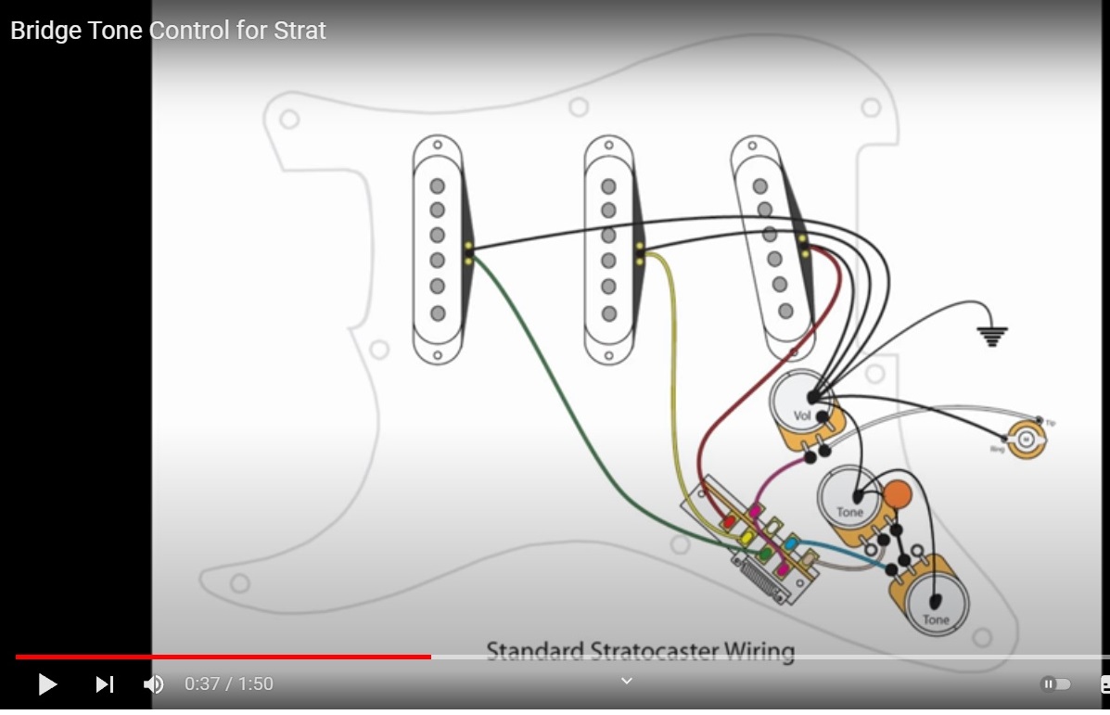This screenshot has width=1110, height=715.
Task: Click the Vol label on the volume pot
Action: click(802, 415)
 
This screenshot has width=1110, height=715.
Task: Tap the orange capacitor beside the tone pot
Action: click(897, 494)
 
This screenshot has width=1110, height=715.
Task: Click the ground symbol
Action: click(991, 336)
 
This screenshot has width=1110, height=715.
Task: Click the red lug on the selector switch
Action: click(729, 521)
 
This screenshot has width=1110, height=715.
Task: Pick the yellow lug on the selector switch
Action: click(746, 537)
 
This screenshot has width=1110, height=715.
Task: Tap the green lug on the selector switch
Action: click(765, 555)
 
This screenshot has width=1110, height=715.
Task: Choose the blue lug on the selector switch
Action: click(792, 543)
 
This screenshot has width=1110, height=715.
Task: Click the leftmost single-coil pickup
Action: click(438, 249)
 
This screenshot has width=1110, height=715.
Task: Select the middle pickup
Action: click(608, 249)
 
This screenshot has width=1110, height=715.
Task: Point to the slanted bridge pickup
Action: click(772, 248)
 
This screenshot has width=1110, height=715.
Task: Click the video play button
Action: click(47, 684)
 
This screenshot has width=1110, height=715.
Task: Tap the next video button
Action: click(105, 684)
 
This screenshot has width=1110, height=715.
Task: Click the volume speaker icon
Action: click(153, 684)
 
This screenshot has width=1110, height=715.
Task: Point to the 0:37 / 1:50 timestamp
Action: click(229, 684)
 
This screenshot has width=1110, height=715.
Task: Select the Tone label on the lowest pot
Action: click(935, 619)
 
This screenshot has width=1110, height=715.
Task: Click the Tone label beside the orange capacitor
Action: click(849, 512)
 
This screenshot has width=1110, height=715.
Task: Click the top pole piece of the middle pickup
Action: click(608, 186)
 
